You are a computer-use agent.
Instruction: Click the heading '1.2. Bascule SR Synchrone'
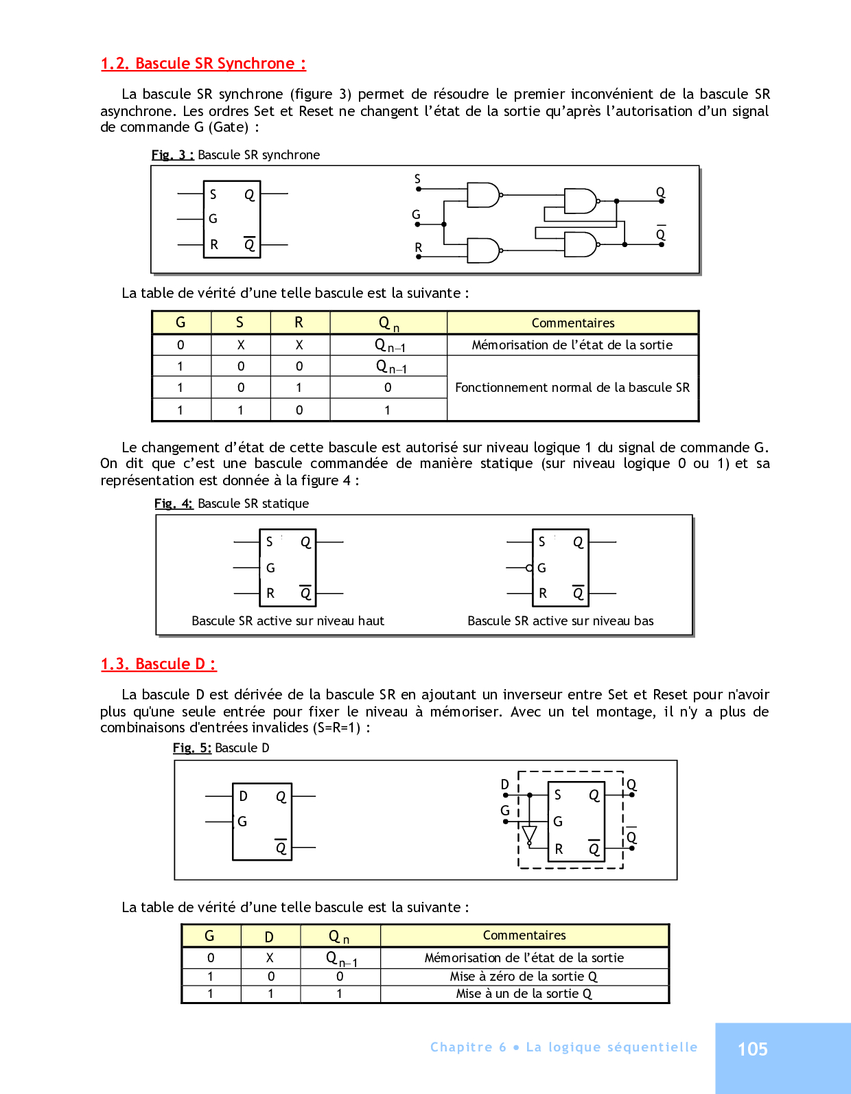203,64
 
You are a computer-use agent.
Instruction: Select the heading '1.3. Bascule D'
159,664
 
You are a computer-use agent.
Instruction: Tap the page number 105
752,1049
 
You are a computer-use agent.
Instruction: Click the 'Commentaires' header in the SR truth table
572,323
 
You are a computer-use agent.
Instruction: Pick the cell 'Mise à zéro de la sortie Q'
524,977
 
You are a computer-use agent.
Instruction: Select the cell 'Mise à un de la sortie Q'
524,994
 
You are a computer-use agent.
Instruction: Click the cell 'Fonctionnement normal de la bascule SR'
572,388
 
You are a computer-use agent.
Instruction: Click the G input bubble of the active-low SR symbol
529,568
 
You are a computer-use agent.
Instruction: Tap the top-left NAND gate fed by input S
482,195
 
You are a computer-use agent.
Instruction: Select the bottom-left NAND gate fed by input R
482,251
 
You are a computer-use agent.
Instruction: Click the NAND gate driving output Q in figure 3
580,201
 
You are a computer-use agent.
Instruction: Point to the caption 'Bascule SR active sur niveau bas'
560,621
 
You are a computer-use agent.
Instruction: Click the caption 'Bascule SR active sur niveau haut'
288,621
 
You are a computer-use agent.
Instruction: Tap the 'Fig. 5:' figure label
191,748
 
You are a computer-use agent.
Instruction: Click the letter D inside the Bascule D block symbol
243,796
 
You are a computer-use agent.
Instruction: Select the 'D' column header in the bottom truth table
270,937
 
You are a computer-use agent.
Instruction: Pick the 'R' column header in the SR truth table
299,323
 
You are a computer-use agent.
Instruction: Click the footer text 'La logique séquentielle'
611,1047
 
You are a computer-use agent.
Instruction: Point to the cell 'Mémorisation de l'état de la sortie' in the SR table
572,345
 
